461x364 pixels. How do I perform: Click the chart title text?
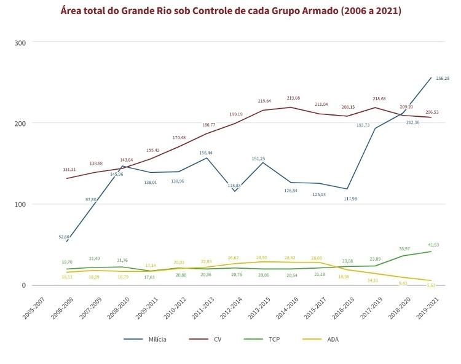pyautogui.click(x=230, y=11)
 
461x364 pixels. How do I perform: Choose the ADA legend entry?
pyautogui.click(x=333, y=339)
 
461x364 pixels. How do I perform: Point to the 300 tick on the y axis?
pyautogui.click(x=20, y=42)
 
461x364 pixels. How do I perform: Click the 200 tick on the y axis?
pyautogui.click(x=20, y=123)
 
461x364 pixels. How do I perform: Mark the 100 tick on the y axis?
pyautogui.click(x=20, y=204)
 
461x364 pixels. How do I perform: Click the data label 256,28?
pyautogui.click(x=443, y=78)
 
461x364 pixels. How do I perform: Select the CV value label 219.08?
pyautogui.click(x=293, y=98)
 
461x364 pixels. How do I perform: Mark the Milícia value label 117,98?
pyautogui.click(x=350, y=199)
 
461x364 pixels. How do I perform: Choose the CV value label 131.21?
pyautogui.click(x=69, y=170)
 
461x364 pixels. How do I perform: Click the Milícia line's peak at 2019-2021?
pyautogui.click(x=430, y=77)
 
